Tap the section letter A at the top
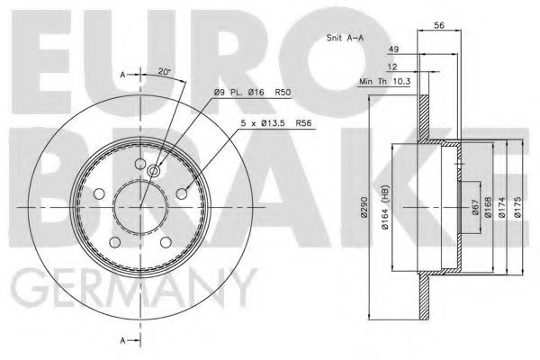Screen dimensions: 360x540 pos(122,75)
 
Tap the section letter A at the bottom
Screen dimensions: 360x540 pos(122,339)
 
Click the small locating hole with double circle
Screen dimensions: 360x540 pos(153,172)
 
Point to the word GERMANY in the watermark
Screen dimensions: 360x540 pos(135,289)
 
